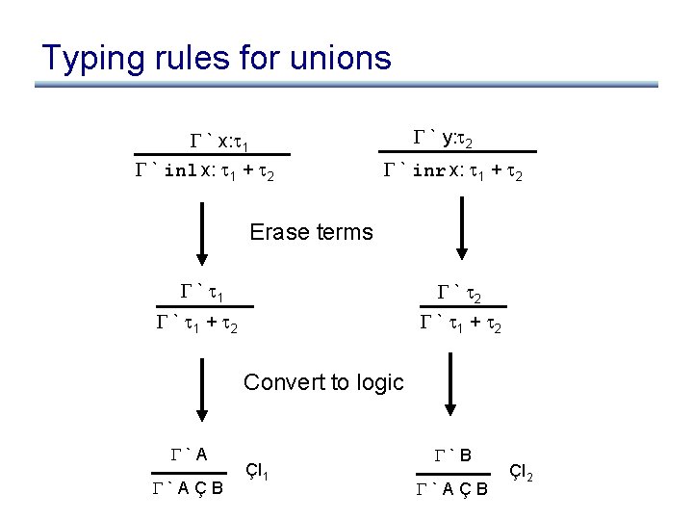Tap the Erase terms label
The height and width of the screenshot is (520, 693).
[311, 232]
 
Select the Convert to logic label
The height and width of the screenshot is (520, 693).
[323, 382]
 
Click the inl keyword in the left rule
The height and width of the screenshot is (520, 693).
[180, 172]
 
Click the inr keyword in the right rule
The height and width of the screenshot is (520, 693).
[427, 172]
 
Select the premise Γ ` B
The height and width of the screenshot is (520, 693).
[450, 455]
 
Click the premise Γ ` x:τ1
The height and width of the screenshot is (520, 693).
[217, 143]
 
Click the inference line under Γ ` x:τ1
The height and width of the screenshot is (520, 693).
[212, 154]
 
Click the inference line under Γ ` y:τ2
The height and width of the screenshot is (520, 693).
[459, 152]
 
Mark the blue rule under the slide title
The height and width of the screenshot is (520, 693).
[346, 86]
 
